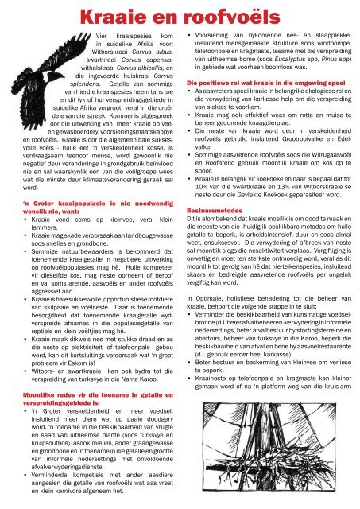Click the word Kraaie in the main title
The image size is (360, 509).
[x=108, y=17]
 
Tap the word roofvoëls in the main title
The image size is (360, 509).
[x=217, y=17]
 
